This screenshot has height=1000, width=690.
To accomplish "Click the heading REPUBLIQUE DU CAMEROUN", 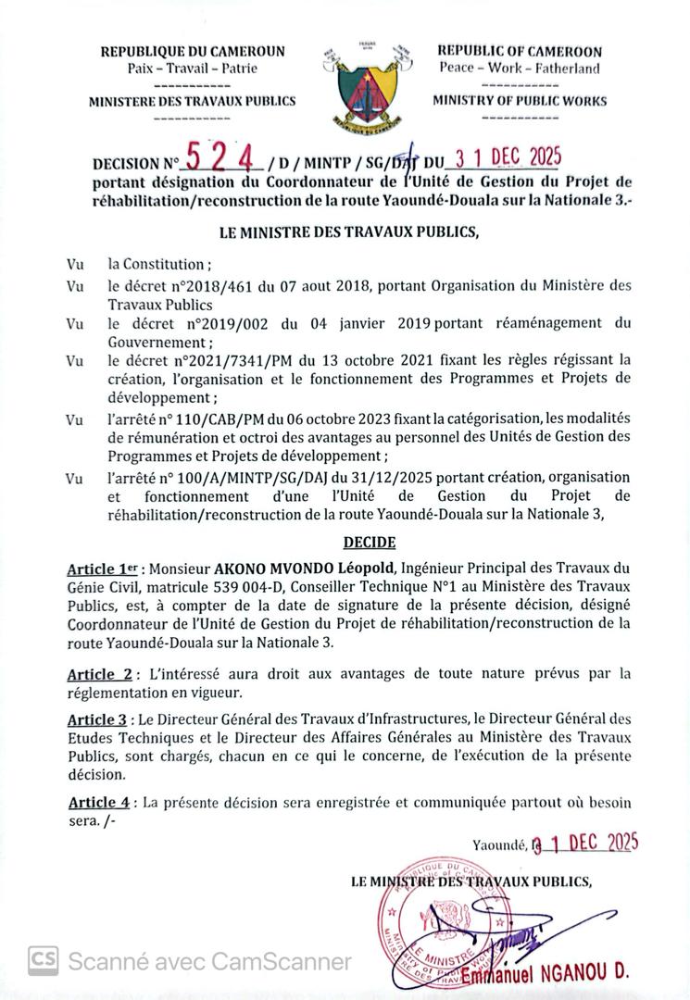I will coord(193,52).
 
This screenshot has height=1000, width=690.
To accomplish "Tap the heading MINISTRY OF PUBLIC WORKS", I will coord(520,101).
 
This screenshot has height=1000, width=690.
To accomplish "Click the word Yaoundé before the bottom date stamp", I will coord(499,844).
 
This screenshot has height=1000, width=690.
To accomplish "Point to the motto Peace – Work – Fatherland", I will coord(520,69).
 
